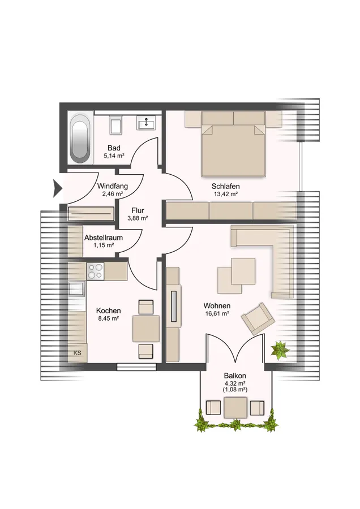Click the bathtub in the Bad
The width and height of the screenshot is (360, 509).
(x=80, y=139)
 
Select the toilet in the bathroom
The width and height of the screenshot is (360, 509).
(x=115, y=124)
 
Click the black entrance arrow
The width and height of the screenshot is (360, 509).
(x=58, y=188)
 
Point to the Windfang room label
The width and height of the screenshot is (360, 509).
(x=113, y=186)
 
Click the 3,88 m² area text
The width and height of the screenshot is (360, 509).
(x=138, y=218)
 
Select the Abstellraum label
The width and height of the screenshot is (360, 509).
(x=104, y=238)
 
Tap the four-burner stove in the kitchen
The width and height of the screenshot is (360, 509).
(x=95, y=271)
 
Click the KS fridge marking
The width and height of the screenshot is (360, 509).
(x=78, y=353)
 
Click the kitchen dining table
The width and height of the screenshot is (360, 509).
(x=146, y=329)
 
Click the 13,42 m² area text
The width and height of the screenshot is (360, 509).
(x=226, y=194)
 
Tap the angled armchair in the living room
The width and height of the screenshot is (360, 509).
(x=258, y=319)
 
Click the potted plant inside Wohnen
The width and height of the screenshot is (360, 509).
(x=280, y=350)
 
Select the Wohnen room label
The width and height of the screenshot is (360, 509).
(x=217, y=306)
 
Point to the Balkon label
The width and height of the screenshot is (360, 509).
(x=235, y=376)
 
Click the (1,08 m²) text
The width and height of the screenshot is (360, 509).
(x=235, y=390)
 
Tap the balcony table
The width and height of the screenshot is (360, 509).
(x=235, y=408)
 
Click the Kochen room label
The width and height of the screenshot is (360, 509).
(x=109, y=311)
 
